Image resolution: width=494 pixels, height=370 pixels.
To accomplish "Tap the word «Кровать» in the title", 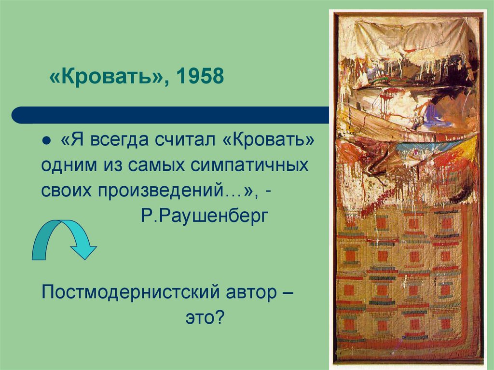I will coord(106,77).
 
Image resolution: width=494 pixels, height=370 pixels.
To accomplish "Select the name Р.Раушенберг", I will coord(204,215).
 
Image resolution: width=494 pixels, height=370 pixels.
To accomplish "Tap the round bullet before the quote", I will coord(47,140).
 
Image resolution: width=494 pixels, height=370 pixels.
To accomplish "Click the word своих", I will coord(67,190).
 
